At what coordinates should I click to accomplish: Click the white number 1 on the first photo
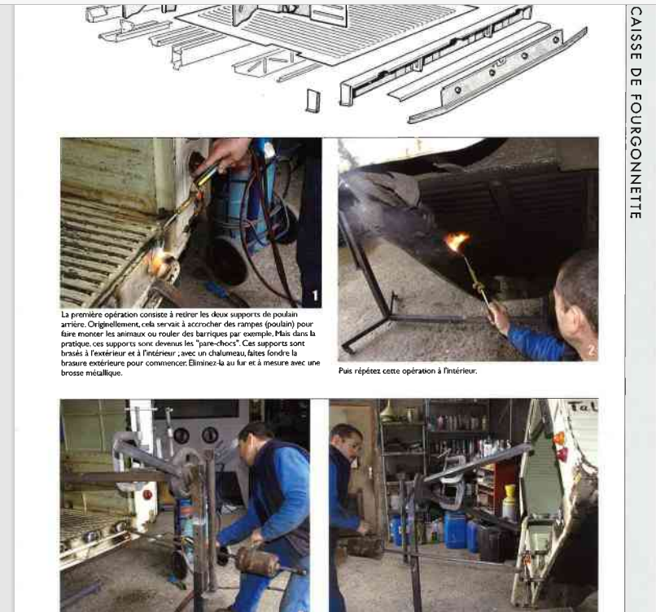coord(315,295)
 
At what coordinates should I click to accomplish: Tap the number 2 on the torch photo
coord(591,350)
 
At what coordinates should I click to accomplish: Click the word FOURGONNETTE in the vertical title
coord(636,156)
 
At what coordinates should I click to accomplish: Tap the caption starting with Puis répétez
coord(408,370)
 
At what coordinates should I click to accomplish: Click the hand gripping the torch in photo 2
coord(498,315)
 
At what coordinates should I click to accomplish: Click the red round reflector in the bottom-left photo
coord(147,495)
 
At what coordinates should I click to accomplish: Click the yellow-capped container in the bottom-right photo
coord(509,502)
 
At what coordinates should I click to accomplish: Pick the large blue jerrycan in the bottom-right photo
coord(455,530)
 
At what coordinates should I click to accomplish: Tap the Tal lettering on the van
coord(582,406)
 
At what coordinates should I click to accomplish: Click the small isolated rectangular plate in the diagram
coord(313,100)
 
